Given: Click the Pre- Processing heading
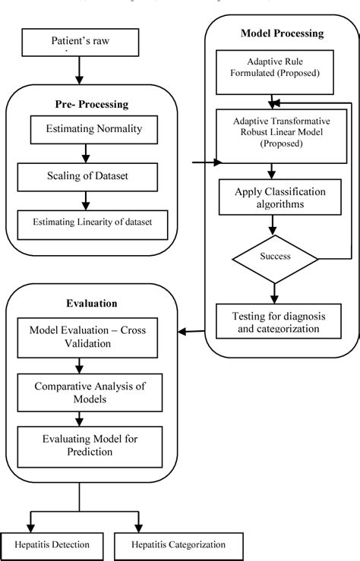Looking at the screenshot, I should click(x=91, y=103).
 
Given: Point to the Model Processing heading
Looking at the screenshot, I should click(x=282, y=33).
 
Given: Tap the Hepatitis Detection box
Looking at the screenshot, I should click(x=52, y=544).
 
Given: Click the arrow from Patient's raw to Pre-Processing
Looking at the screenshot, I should click(x=79, y=69).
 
